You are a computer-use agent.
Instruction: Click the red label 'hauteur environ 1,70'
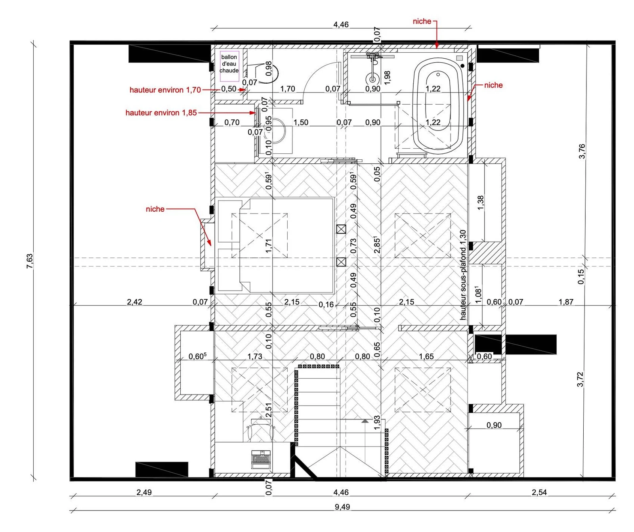coord(165,90)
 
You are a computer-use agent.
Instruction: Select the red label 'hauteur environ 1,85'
coord(161,113)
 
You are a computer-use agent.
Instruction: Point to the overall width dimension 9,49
coord(342,507)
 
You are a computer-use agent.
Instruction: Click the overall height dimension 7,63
coord(30,261)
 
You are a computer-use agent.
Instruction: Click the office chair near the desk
coord(260,430)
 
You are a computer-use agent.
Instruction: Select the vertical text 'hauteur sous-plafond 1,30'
coord(463,275)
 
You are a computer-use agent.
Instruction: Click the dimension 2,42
coord(134,302)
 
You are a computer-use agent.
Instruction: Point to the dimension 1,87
coord(566,302)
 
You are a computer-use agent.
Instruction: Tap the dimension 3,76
coord(582,151)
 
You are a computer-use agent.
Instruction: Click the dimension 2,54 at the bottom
coord(539,492)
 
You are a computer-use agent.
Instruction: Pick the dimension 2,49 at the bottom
coord(144,492)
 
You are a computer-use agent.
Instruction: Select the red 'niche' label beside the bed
coord(155,209)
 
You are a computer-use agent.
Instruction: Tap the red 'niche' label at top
coord(422,21)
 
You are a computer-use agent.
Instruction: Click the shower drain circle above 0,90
coord(372,79)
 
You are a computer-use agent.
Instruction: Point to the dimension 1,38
coord(480,203)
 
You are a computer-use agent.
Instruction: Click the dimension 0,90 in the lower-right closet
coord(494,425)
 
